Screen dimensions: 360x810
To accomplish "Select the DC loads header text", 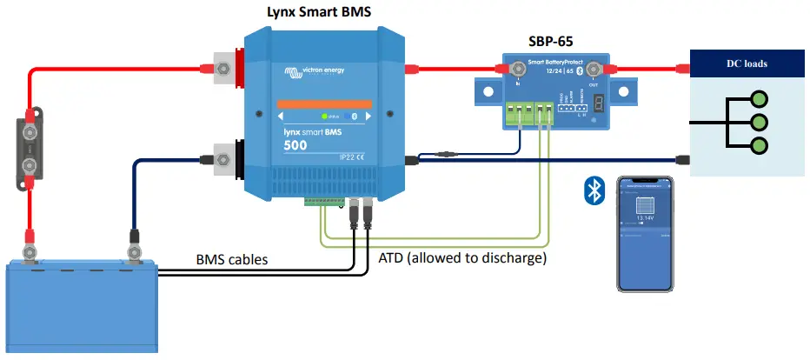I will (747, 63).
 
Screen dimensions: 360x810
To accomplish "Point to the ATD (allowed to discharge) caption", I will (462, 258).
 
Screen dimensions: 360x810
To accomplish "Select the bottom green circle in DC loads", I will (759, 146).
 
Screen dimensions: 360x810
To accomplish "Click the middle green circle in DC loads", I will (759, 123).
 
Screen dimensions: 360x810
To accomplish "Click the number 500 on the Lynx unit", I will (295, 144).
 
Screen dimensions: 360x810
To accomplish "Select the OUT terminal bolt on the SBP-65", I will (593, 69).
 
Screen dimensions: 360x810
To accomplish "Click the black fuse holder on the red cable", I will (30, 149).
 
